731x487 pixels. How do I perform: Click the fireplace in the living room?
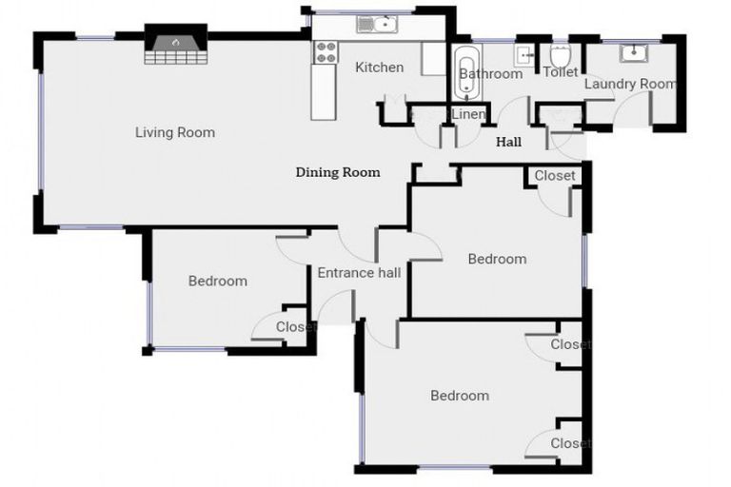coord(175,46)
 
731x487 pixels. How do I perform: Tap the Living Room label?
coord(174,132)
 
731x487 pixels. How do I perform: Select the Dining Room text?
coord(338,172)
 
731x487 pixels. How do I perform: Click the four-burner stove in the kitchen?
coord(326,52)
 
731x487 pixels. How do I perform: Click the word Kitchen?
coord(379,68)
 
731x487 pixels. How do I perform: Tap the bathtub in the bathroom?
coord(465,72)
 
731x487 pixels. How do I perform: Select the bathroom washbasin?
coord(524,54)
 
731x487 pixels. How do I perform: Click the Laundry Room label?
coord(629,84)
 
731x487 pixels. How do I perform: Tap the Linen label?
coord(468,114)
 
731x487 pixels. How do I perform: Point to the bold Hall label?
coord(508,143)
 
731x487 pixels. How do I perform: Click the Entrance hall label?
coord(358,273)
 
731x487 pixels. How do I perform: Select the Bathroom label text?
coord(490,73)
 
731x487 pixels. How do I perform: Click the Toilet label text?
coord(560,72)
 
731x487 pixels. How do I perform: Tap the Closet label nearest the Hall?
coord(554,176)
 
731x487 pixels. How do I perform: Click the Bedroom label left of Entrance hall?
coord(217,281)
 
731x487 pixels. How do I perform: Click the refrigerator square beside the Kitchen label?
coord(433,59)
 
